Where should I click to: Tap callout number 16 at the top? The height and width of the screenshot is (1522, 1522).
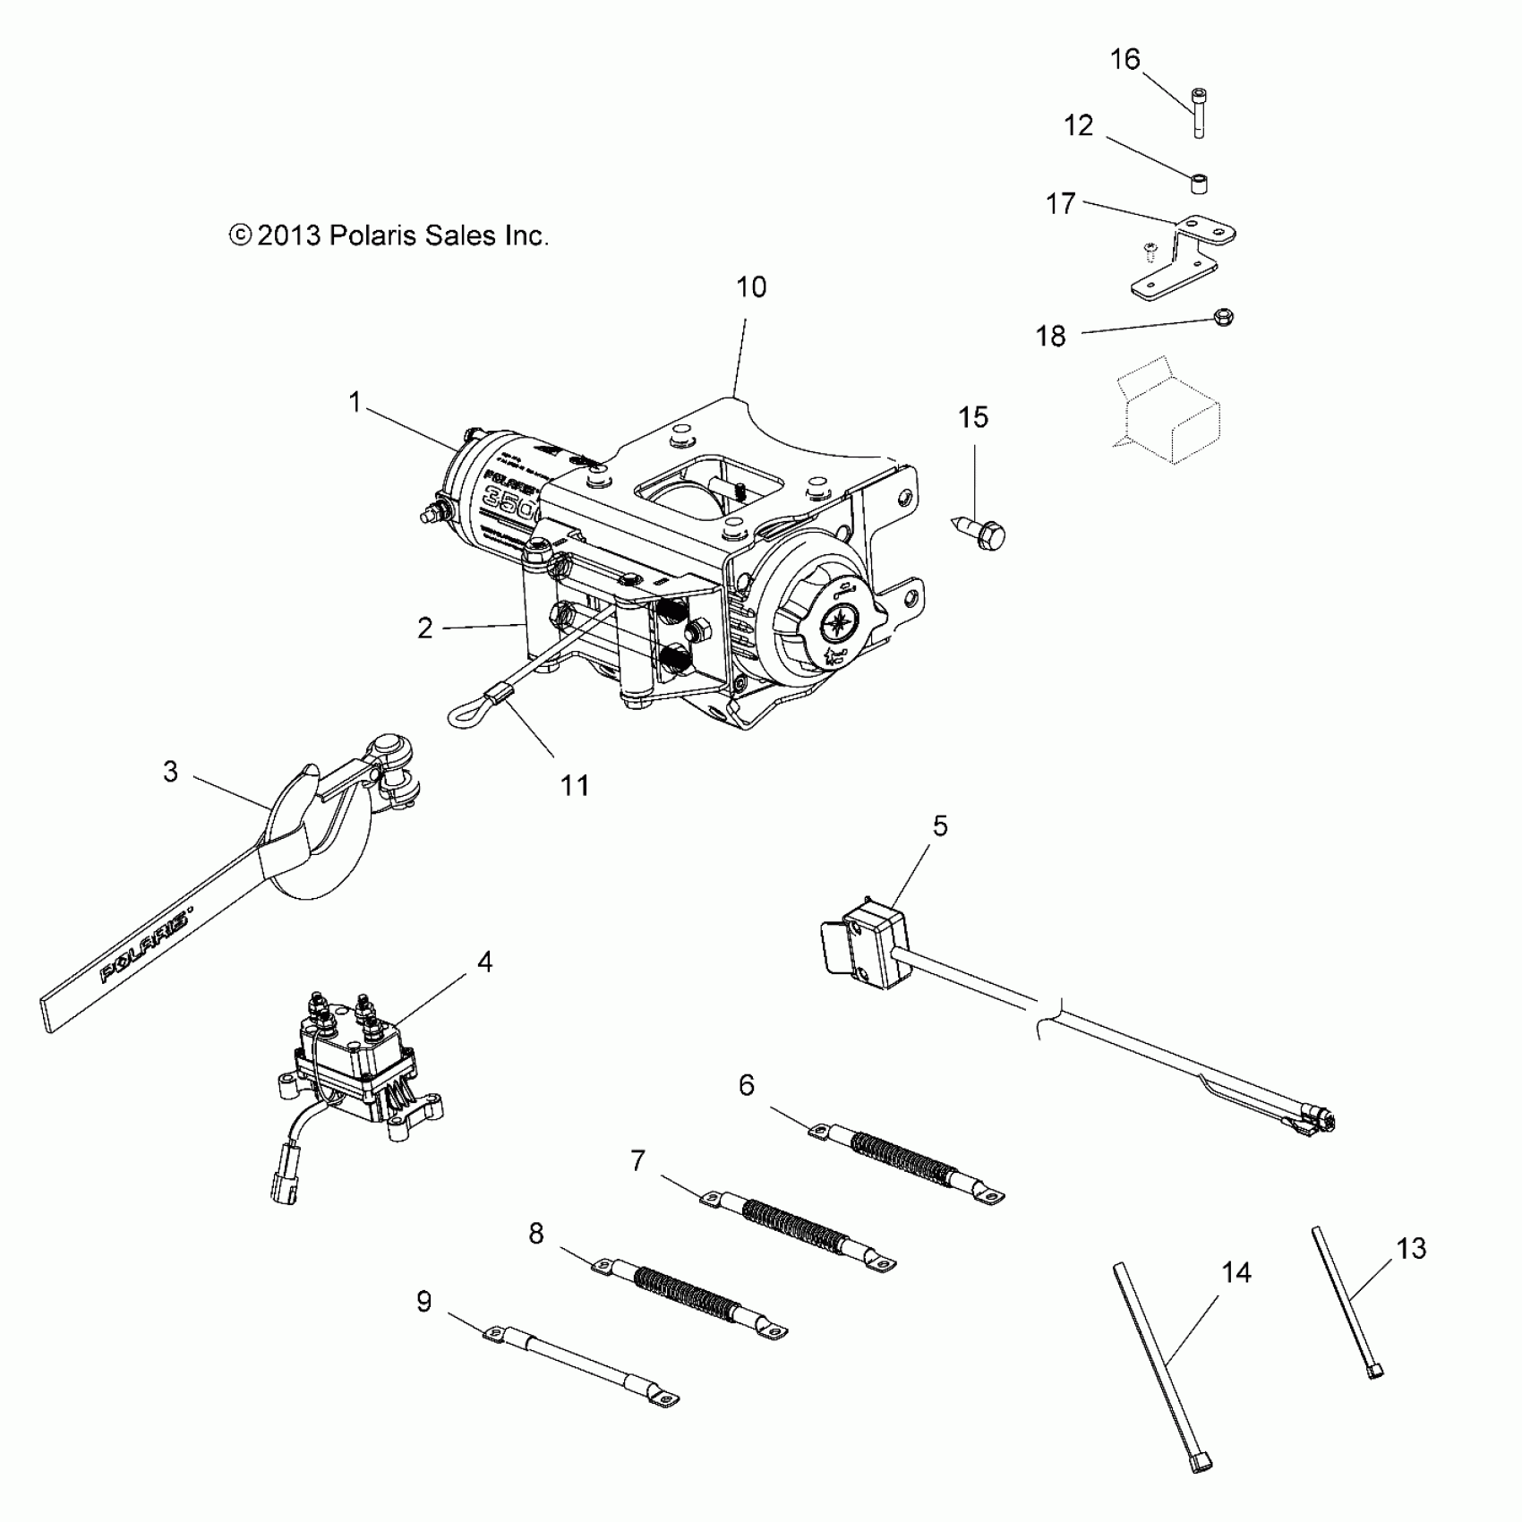1125,59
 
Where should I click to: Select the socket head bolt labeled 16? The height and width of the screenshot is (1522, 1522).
1198,113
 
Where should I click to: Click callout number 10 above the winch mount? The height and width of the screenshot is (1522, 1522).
751,287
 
